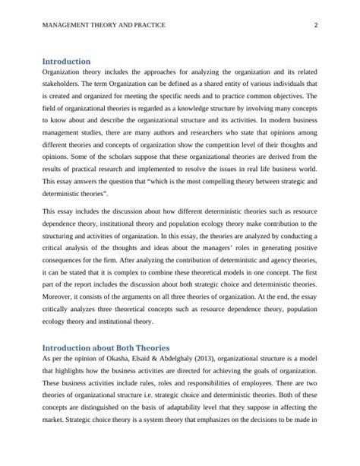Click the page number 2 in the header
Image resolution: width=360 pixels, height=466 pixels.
pyautogui.click(x=315, y=25)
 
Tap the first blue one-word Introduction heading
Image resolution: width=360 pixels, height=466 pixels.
pyautogui.click(x=66, y=61)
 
